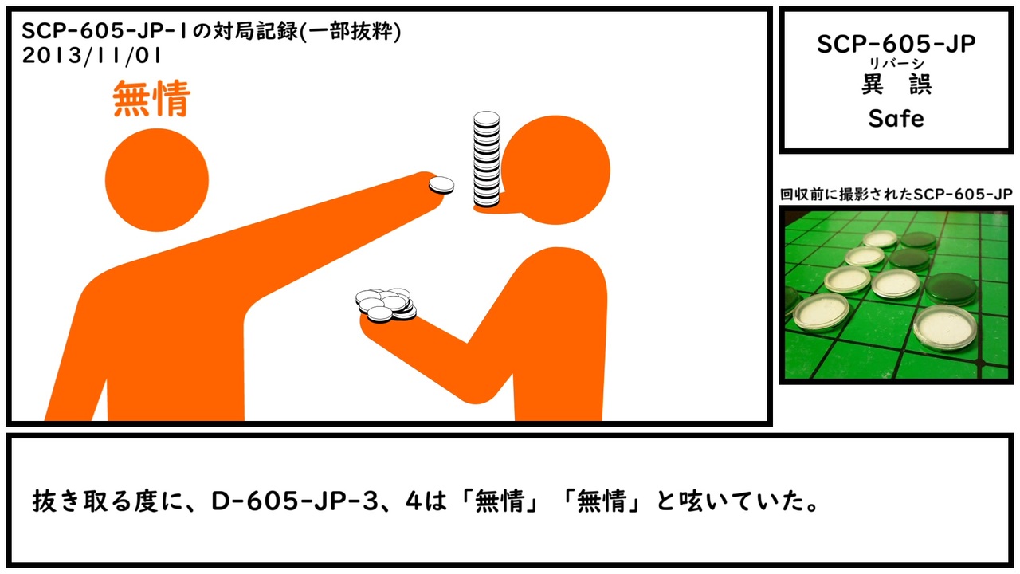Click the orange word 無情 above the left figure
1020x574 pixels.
click(151, 98)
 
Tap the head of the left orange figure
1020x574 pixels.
click(157, 180)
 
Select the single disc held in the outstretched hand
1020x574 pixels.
click(441, 186)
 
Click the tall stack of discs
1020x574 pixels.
click(486, 159)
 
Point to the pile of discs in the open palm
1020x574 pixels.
click(386, 305)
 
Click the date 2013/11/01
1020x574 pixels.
click(92, 56)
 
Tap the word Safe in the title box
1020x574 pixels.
click(896, 119)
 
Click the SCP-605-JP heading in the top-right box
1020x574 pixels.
click(896, 44)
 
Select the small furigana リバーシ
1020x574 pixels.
click(896, 64)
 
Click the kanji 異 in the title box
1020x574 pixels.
click(873, 85)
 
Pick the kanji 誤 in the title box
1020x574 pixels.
click(920, 85)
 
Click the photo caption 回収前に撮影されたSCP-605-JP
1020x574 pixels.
click(896, 195)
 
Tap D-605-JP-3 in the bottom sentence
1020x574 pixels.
click(295, 501)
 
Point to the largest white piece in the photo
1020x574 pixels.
click(944, 326)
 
